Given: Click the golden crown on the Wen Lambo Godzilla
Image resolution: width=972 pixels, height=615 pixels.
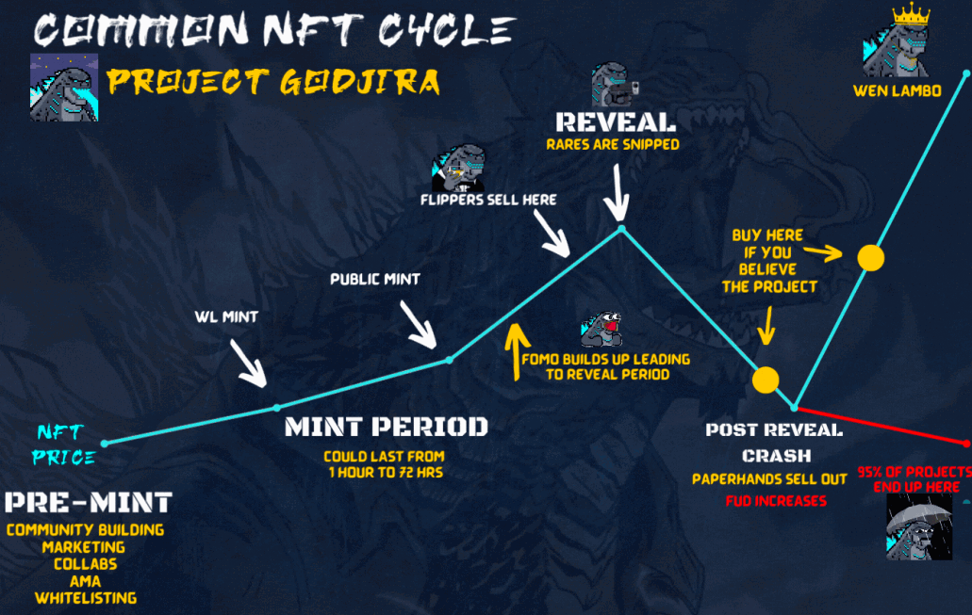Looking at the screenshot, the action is (x=911, y=15).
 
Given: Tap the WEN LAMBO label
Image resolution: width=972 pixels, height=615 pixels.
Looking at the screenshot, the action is (x=897, y=91).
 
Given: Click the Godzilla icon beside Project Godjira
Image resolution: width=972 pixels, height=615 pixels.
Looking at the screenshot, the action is (x=64, y=88).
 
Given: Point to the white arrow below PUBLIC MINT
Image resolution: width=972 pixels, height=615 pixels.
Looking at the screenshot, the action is (x=419, y=325).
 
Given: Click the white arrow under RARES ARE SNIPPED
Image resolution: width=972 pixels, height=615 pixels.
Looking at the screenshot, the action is (x=617, y=193).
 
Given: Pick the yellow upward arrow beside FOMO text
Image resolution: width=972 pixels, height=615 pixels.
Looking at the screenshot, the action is (x=517, y=351).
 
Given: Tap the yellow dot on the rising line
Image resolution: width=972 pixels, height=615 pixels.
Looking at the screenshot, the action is (x=870, y=258).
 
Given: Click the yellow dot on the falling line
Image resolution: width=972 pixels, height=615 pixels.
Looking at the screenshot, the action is (x=766, y=380).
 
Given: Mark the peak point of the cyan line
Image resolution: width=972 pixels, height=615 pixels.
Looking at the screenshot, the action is (x=621, y=229).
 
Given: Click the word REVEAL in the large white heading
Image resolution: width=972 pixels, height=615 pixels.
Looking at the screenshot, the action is (x=616, y=122).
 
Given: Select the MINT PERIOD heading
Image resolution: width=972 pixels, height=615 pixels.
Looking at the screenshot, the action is (x=387, y=427).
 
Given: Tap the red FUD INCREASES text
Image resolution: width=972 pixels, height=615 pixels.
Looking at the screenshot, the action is (x=776, y=501).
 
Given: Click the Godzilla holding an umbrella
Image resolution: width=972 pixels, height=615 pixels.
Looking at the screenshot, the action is (x=919, y=528).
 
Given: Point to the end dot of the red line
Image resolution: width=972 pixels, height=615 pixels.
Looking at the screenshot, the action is (x=967, y=444).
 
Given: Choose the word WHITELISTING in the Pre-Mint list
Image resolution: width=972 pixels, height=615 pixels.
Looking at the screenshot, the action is (x=86, y=598).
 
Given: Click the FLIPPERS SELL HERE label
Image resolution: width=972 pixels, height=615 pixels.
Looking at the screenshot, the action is (x=488, y=200).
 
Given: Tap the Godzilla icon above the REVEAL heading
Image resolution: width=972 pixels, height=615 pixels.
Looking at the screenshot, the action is (x=615, y=84).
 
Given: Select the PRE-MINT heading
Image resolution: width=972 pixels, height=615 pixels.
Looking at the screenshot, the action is (x=88, y=502).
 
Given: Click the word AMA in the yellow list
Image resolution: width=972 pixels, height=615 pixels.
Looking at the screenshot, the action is (x=86, y=581).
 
